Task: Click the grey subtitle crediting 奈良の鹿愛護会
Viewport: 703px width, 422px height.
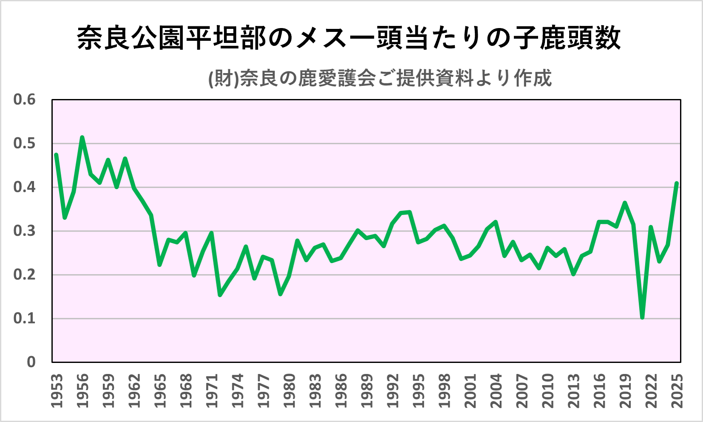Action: coord(380,78)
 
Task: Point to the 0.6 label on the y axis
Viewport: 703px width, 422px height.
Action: coord(24,100)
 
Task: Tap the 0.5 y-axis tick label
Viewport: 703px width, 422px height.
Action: coord(24,144)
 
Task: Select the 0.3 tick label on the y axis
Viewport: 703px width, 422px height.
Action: coord(24,231)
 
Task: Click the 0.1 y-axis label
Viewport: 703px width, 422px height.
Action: coord(24,318)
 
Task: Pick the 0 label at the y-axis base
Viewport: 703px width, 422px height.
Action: coord(31,362)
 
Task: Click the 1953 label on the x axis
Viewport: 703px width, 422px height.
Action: coord(57,391)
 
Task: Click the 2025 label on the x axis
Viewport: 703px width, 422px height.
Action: coord(677,391)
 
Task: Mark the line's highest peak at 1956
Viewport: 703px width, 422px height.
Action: coord(82,137)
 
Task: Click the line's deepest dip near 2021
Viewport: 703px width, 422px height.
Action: coord(642,317)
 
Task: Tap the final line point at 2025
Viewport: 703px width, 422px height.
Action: coord(677,183)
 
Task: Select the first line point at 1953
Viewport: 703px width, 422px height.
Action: coord(56,155)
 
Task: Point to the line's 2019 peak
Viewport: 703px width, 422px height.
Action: coord(625,203)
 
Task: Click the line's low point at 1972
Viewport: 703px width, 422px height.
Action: coord(220,295)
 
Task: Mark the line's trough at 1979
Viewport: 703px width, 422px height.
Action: coord(280,294)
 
